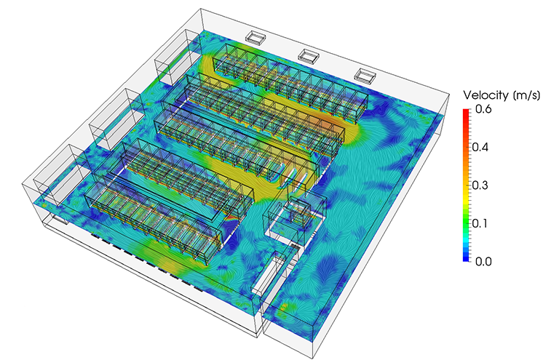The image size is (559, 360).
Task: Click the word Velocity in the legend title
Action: pyautogui.click(x=485, y=96)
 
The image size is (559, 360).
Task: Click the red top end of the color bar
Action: pyautogui.click(x=466, y=111)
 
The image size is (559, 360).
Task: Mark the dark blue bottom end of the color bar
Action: pyautogui.click(x=466, y=259)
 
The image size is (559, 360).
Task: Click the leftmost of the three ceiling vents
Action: pyautogui.click(x=257, y=36)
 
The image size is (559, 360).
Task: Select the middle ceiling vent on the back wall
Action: pyautogui.click(x=309, y=55)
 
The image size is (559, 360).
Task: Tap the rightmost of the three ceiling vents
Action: pyautogui.click(x=365, y=73)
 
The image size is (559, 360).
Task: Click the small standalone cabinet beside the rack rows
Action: pyautogui.click(x=299, y=210)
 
